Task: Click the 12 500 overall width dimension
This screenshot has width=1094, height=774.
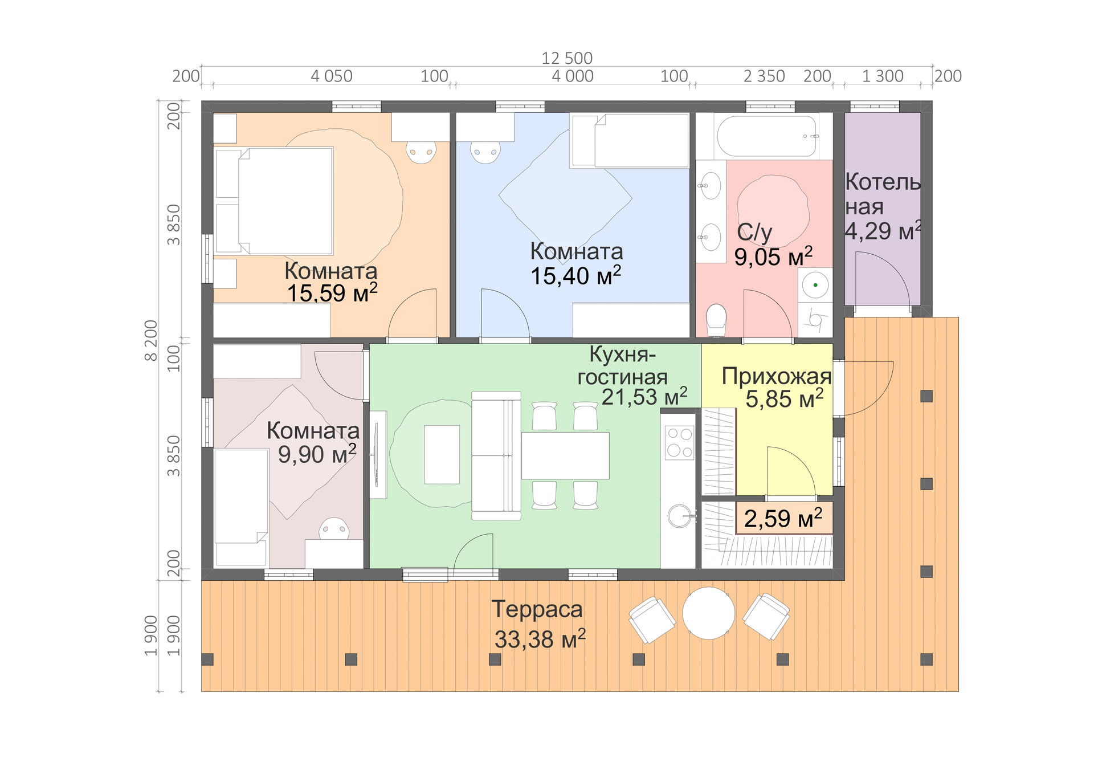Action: pos(567,58)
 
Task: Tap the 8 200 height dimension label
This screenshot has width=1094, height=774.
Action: pos(150,340)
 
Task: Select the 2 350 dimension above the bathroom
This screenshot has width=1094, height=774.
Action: pos(764,76)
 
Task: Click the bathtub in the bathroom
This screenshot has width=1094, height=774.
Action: pos(766,136)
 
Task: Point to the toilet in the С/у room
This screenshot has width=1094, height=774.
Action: pos(716,320)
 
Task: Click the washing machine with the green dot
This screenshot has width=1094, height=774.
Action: pos(815,285)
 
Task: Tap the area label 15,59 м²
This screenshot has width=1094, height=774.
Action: pos(332,293)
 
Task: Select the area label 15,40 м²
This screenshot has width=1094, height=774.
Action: pos(575,276)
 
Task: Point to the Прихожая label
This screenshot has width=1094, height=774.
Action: pos(776,376)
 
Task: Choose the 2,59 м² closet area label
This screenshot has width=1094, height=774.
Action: pos(783,518)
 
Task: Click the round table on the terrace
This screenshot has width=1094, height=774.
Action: pos(708,613)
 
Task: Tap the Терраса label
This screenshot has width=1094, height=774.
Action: pos(537,609)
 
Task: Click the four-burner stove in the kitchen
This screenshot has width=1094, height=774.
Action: pos(679,442)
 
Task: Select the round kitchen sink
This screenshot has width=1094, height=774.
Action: pos(680,516)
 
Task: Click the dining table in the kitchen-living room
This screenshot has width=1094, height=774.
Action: pos(565,455)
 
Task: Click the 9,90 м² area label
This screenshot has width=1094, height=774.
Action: pos(317,454)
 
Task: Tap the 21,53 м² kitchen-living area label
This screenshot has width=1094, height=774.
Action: pos(644,397)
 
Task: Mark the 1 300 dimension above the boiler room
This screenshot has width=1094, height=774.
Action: pos(882,76)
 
